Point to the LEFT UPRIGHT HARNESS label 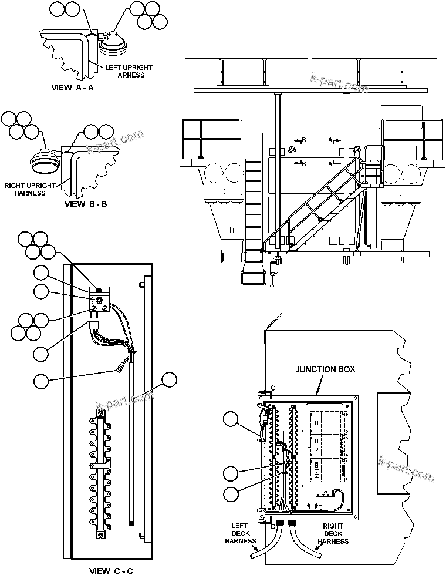[124, 71]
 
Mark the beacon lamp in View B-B [45, 162]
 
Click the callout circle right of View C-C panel [170, 379]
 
